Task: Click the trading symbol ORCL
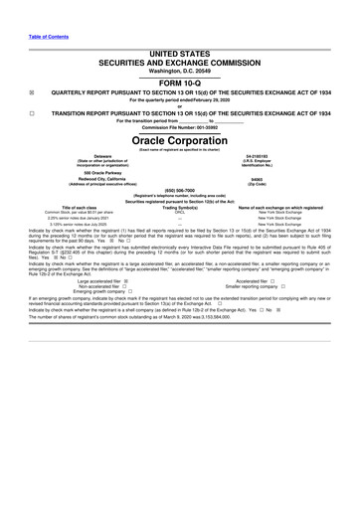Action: pos(180,213)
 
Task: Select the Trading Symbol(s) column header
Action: pos(180,207)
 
